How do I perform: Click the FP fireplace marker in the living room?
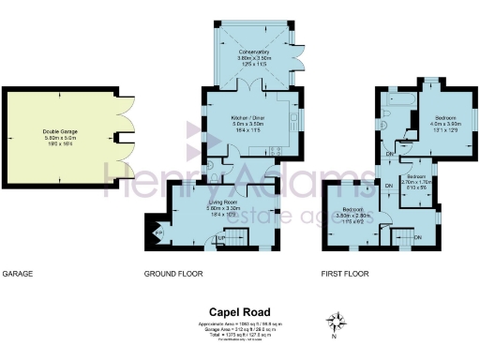157,232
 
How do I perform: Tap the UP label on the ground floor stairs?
221,238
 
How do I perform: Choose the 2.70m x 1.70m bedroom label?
414,183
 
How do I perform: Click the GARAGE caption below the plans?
18,274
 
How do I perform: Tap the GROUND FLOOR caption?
173,274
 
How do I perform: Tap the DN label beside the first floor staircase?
417,237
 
